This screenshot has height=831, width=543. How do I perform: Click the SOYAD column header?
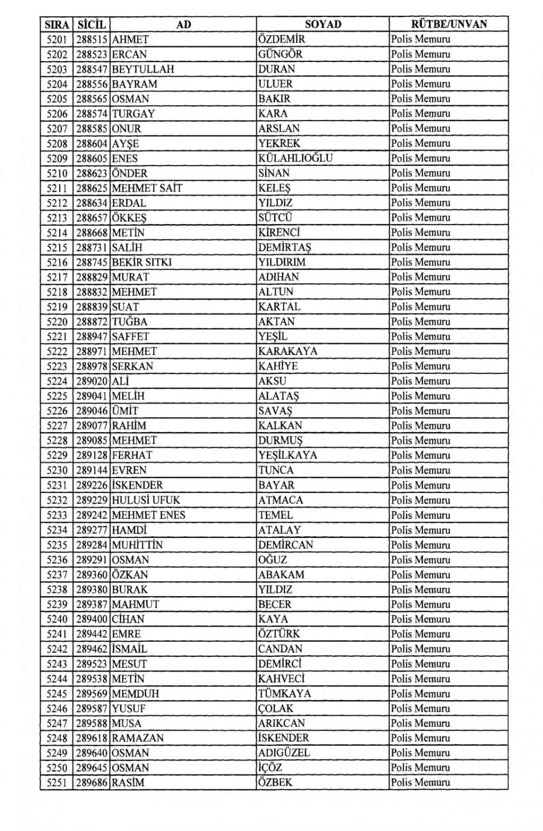323,24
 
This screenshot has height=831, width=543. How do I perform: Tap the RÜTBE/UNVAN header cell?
449,24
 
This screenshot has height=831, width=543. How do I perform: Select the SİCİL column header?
92,24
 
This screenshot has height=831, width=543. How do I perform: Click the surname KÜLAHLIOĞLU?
295,158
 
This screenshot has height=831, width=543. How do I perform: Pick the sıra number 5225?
57,396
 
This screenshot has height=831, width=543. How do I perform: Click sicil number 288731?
92,248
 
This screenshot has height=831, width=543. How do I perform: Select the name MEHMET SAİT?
147,188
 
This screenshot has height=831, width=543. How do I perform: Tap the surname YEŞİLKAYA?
287,455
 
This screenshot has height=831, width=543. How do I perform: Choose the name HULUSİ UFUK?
146,500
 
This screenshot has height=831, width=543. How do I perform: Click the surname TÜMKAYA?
285,694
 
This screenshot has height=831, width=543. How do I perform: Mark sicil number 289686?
92,783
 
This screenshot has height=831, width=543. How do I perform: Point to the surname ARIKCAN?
281,724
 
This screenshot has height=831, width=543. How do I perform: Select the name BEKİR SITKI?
142,262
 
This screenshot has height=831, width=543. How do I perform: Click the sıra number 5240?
57,619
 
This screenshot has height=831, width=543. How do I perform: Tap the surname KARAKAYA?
287,351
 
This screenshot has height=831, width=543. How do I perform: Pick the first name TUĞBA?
129,322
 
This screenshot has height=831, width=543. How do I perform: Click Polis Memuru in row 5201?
420,40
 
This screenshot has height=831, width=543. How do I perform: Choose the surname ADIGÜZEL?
283,753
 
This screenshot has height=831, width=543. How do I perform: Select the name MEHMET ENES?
148,515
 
